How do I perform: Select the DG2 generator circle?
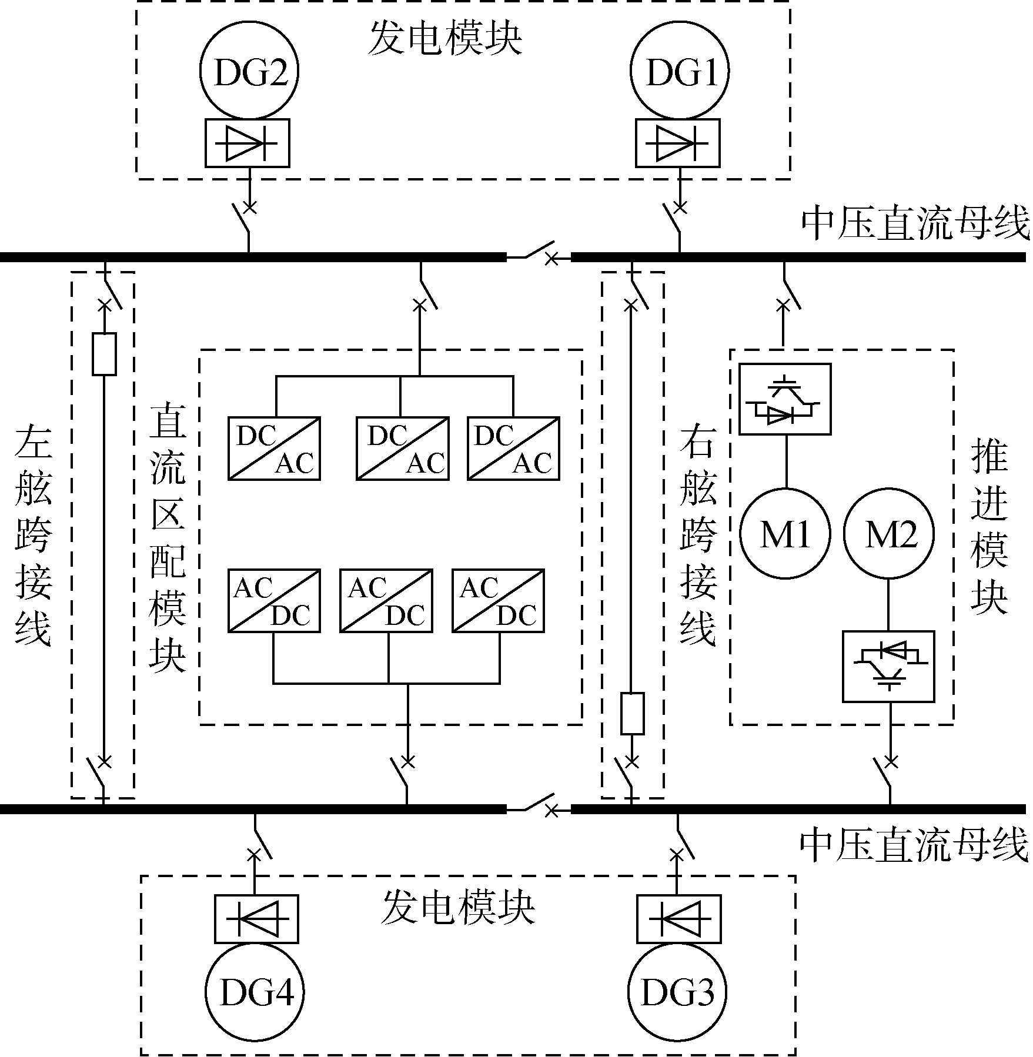point(249,72)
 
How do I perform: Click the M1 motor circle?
point(785,534)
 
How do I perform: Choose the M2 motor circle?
point(889,534)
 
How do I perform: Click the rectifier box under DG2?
point(248,143)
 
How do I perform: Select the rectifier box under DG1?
point(678,143)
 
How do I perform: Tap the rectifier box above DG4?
point(256,919)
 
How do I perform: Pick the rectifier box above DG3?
point(679,919)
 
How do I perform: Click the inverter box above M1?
point(785,399)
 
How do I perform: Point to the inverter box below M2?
point(888,667)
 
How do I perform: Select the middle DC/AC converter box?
point(403,449)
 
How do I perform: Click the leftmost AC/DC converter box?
point(274,601)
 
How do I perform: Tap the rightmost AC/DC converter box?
point(498,601)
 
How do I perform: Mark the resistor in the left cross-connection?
point(105,354)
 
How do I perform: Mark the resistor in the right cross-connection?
point(632,714)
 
